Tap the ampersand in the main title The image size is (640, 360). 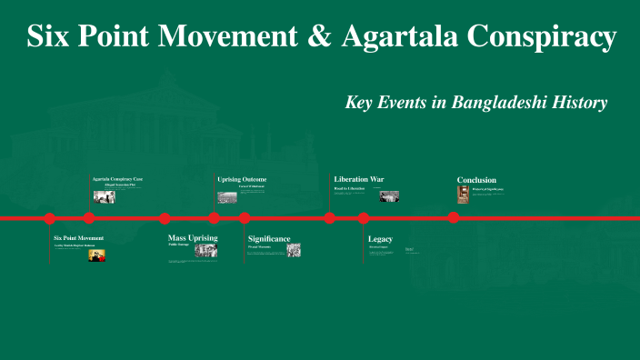(x=324, y=37)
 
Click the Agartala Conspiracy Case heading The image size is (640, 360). (x=117, y=179)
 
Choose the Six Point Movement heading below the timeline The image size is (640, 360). (x=78, y=238)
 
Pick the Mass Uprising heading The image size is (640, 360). (x=193, y=237)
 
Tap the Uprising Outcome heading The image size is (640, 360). (x=242, y=179)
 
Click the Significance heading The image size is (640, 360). (x=269, y=238)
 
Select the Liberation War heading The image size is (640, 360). (x=358, y=179)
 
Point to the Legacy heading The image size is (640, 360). (x=380, y=238)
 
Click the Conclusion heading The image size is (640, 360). (x=476, y=180)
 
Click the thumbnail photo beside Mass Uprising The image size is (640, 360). (x=206, y=250)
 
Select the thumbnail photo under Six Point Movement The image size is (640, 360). (x=95, y=255)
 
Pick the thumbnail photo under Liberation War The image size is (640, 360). (x=389, y=195)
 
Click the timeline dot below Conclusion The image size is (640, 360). (x=453, y=218)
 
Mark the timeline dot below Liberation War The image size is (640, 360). (x=330, y=218)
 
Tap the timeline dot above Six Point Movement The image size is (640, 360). (x=50, y=218)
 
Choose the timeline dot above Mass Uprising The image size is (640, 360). (x=165, y=218)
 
